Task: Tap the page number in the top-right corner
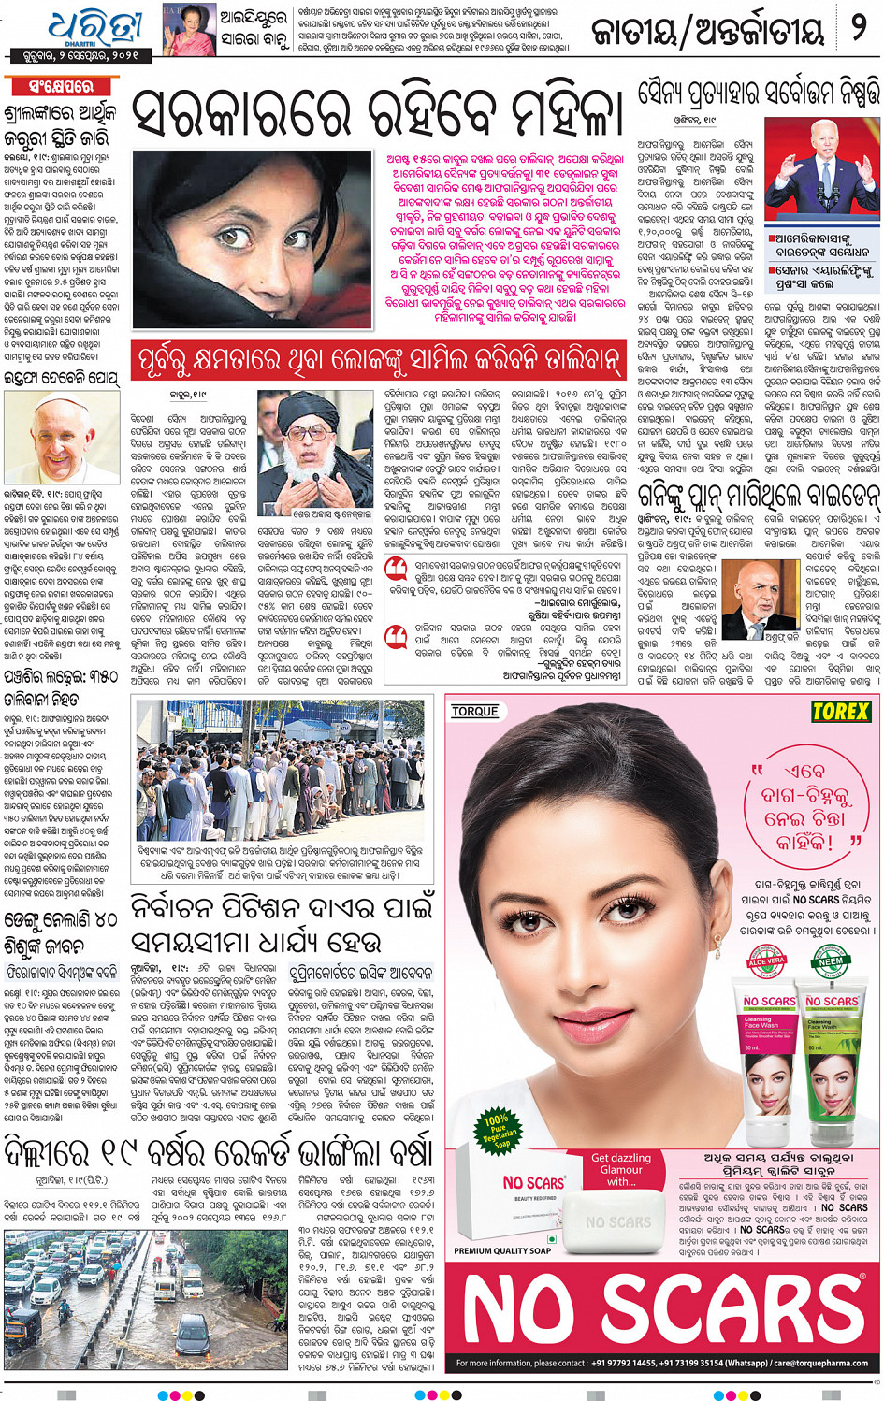(x=858, y=28)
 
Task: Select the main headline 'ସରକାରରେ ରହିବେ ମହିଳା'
(x=376, y=114)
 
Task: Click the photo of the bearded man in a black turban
(x=315, y=449)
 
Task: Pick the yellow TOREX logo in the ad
(x=841, y=712)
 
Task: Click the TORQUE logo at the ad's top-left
(x=475, y=712)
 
